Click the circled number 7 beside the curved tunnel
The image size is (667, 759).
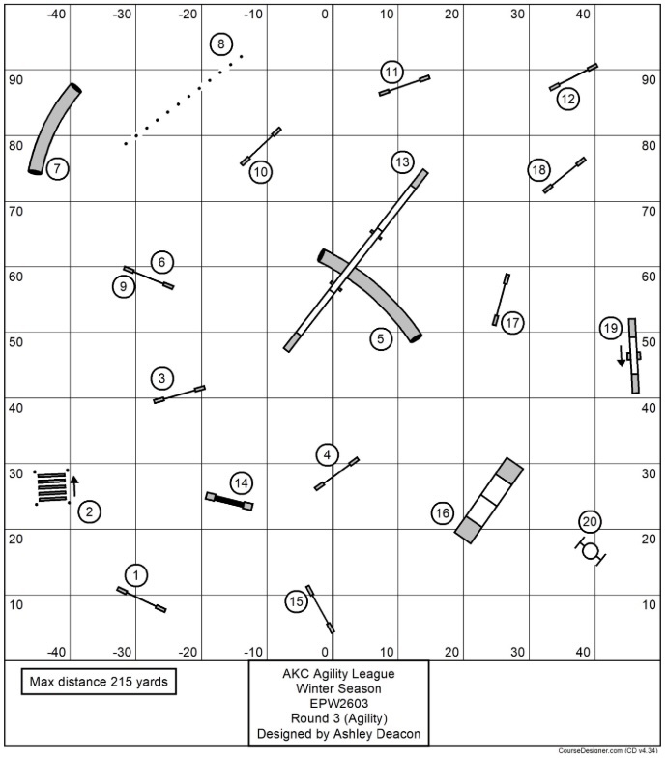(x=57, y=169)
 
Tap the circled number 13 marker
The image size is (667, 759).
(x=402, y=161)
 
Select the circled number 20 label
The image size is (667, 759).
(x=590, y=522)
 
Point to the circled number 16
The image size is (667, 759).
(x=442, y=513)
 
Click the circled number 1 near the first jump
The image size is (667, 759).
(x=136, y=576)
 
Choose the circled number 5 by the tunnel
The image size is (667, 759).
(x=381, y=338)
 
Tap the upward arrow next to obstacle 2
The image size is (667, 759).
(x=74, y=484)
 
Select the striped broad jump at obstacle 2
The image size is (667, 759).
(x=51, y=486)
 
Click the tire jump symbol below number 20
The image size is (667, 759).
(x=590, y=552)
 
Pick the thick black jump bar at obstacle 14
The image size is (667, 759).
(x=229, y=501)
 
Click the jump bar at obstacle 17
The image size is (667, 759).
(x=501, y=299)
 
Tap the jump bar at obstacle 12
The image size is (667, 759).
(x=573, y=76)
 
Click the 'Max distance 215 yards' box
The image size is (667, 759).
(x=99, y=682)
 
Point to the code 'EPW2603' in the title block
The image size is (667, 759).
(x=338, y=704)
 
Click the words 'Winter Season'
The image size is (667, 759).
(x=338, y=688)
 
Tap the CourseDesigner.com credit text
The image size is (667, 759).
(x=609, y=750)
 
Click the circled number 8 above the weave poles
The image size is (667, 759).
(x=221, y=44)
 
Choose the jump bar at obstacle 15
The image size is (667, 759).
(x=320, y=608)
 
